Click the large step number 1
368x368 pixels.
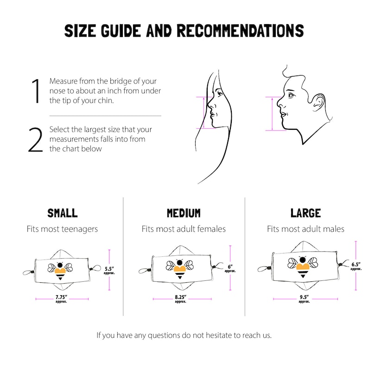click(x=35, y=91)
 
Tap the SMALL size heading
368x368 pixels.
click(x=62, y=213)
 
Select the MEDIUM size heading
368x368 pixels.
click(x=184, y=213)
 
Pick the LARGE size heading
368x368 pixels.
click(x=305, y=213)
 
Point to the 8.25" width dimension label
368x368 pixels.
click(x=180, y=297)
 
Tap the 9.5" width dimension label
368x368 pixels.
click(x=305, y=297)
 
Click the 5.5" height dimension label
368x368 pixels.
click(x=110, y=269)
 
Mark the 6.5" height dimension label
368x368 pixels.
click(x=355, y=266)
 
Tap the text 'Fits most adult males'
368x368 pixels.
click(x=305, y=229)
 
